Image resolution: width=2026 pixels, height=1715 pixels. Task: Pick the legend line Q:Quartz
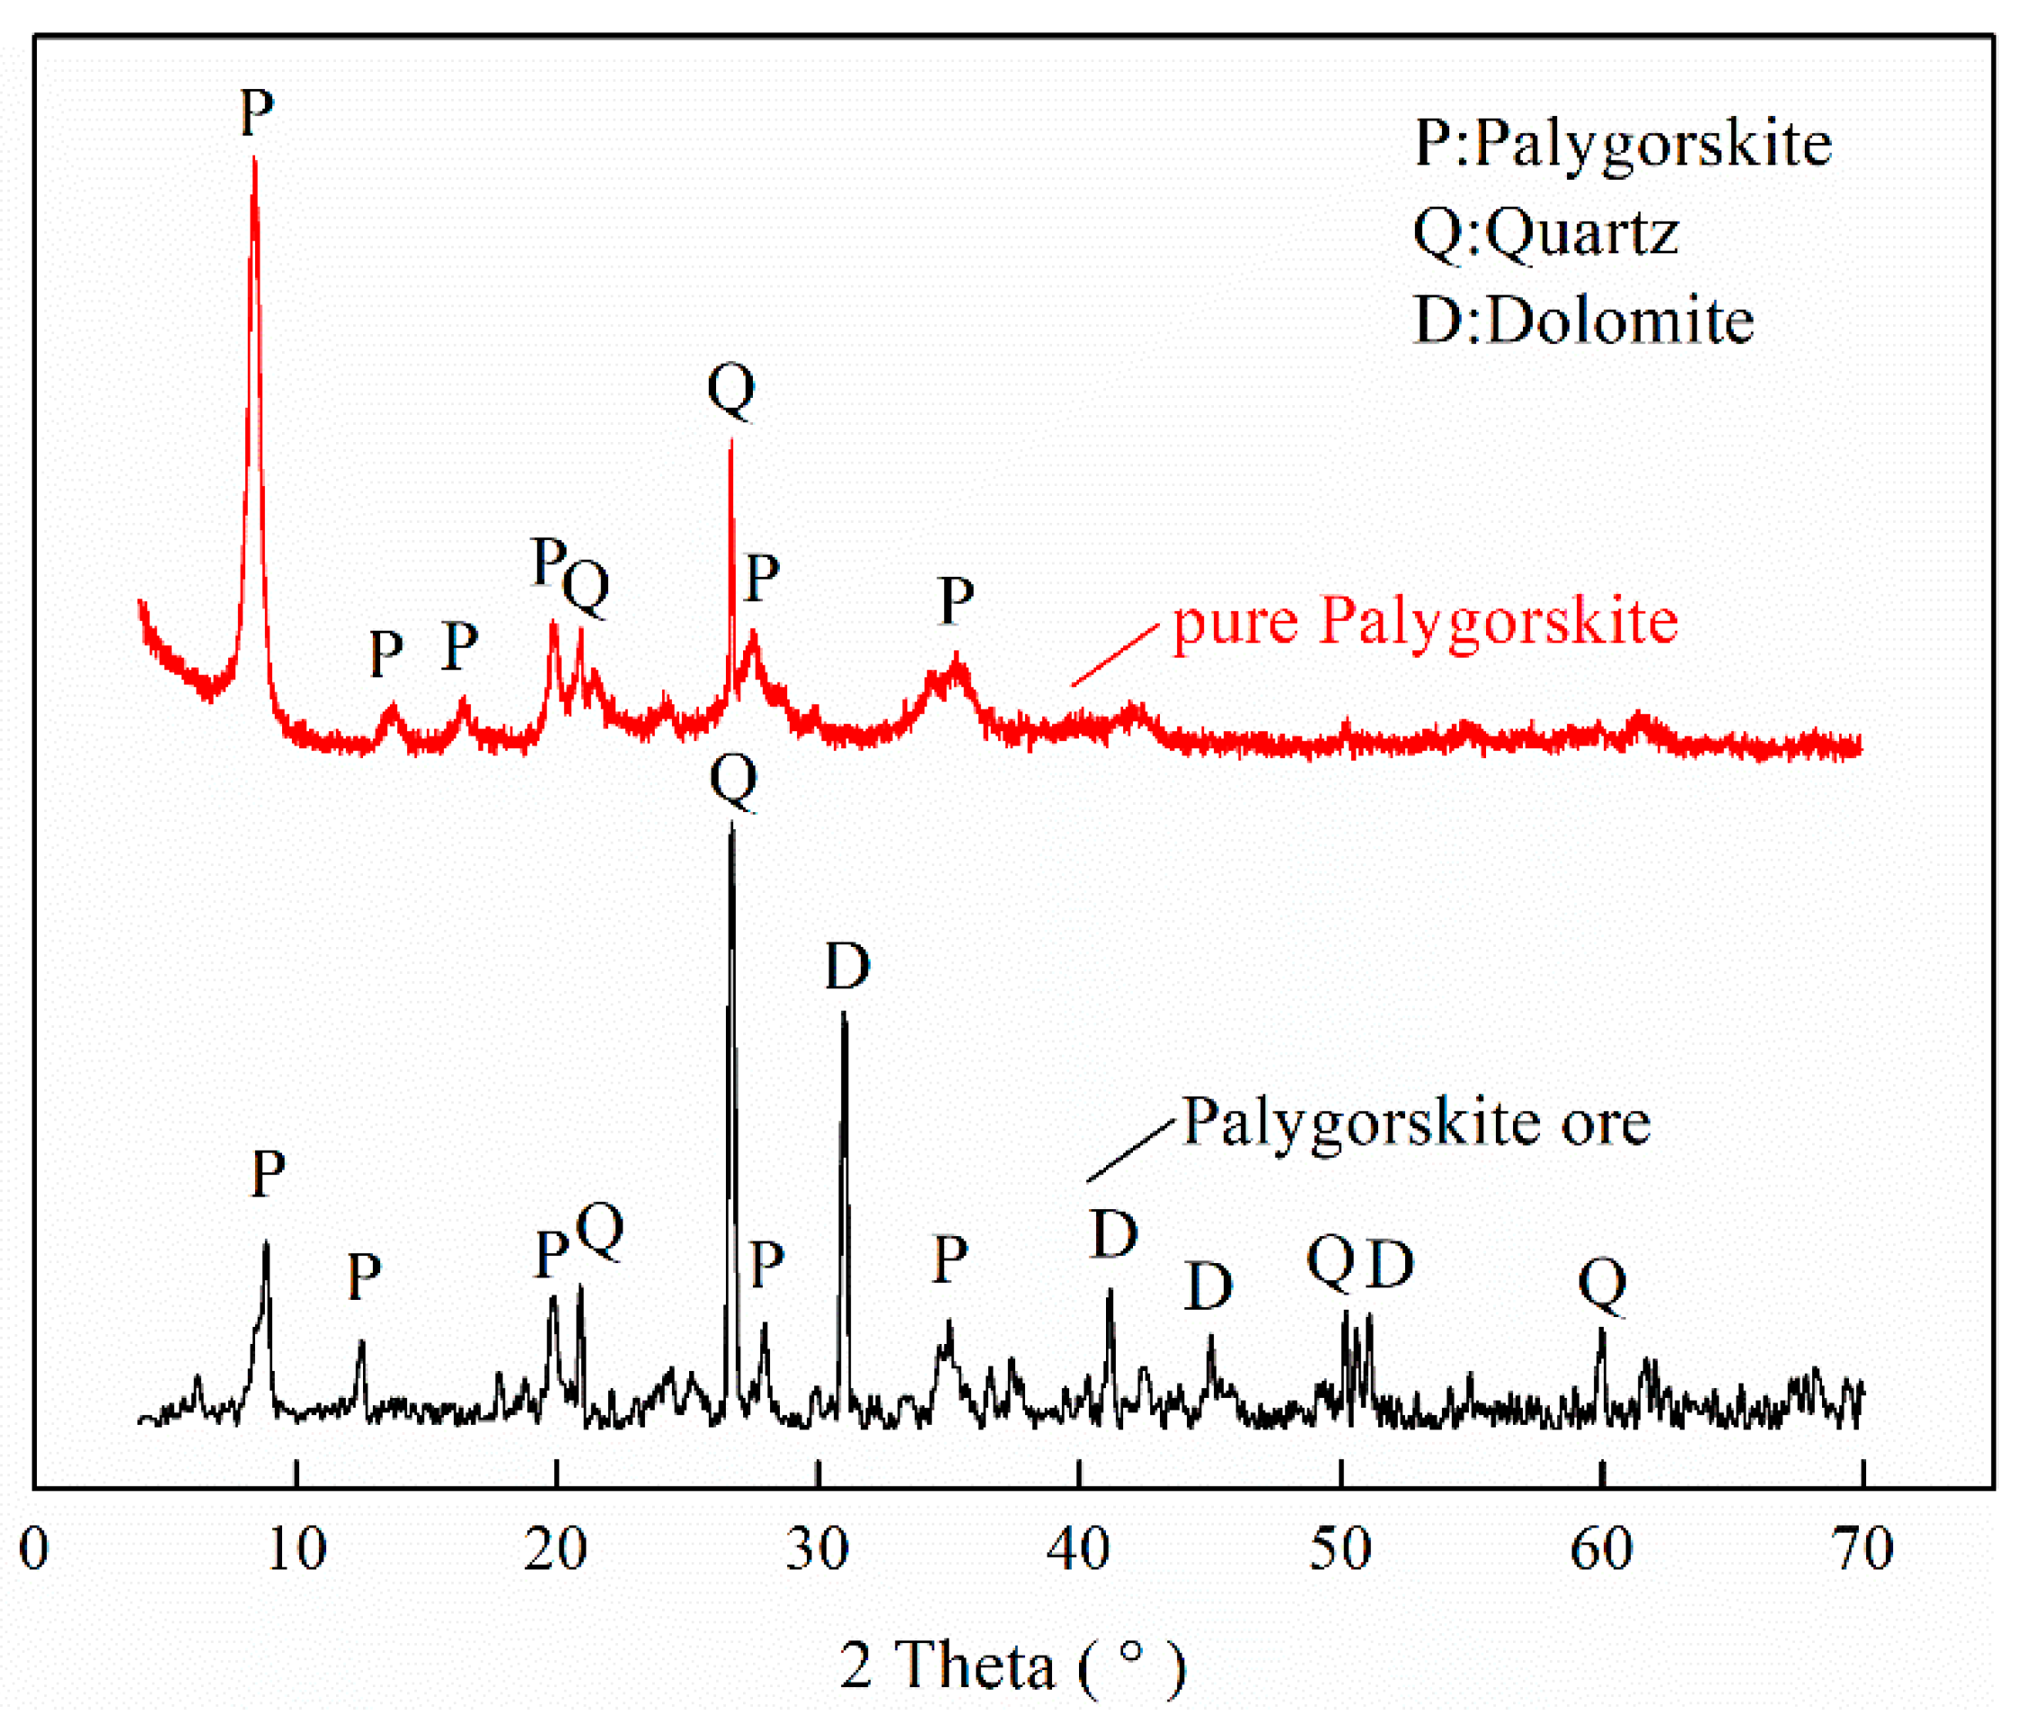click(1545, 234)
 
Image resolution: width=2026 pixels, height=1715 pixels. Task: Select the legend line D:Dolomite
click(1584, 321)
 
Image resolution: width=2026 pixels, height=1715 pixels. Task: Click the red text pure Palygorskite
click(1425, 623)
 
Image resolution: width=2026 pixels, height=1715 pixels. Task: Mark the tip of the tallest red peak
click(254, 158)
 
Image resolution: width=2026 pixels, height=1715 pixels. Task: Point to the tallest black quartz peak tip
click(732, 826)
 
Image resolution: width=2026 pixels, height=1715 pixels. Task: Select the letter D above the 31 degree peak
click(846, 968)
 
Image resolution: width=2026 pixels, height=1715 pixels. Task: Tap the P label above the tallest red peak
click(257, 113)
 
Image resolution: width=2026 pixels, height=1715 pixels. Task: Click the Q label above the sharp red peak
click(731, 390)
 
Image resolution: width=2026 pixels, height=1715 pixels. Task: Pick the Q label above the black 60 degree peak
click(1602, 1286)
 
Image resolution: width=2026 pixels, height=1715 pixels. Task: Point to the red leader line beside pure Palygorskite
click(1116, 655)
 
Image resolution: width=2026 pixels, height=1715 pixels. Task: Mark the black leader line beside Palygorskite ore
click(1130, 1151)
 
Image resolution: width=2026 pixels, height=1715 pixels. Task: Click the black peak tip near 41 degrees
click(1110, 1292)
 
